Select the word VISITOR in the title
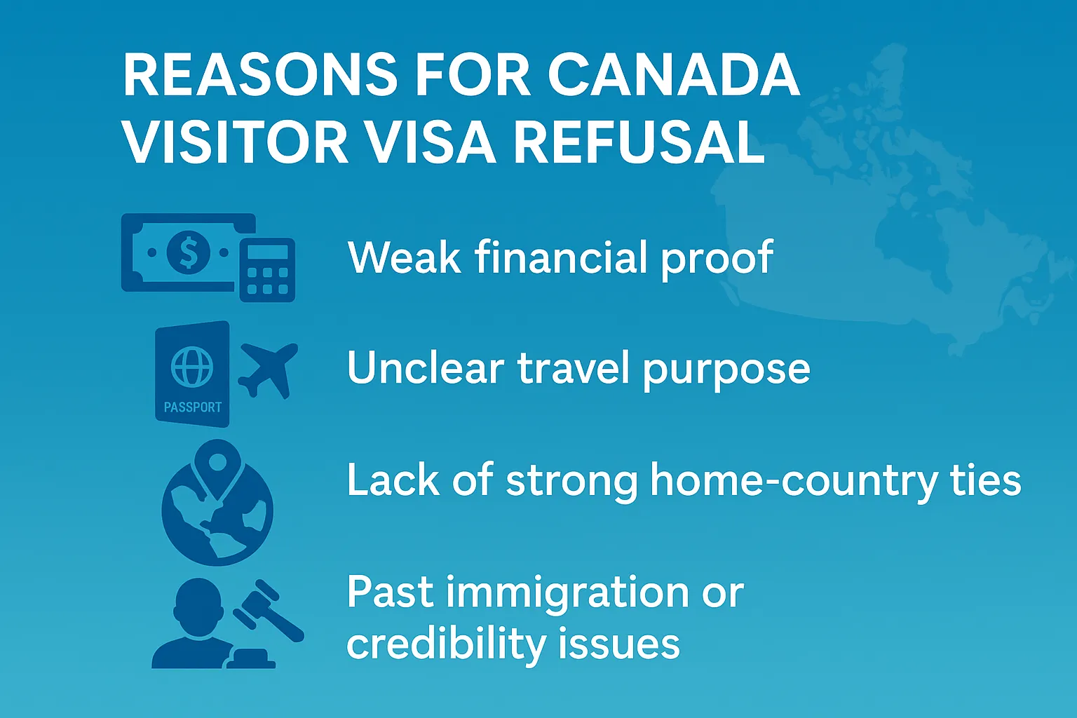[x=235, y=142]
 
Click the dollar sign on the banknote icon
[x=189, y=252]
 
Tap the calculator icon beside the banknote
[x=267, y=270]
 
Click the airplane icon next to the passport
[x=269, y=369]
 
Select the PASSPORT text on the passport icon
[x=192, y=407]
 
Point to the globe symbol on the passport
[x=192, y=367]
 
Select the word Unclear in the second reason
[x=426, y=368]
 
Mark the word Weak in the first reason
[x=405, y=257]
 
